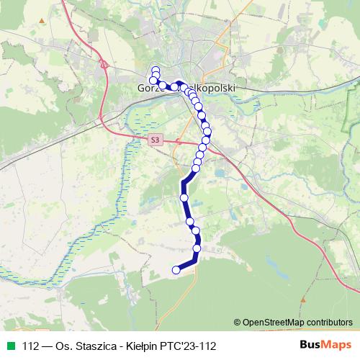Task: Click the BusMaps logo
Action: click(325, 345)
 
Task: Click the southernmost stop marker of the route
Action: click(176, 270)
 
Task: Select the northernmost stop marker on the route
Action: click(156, 70)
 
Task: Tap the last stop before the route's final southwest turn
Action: click(197, 248)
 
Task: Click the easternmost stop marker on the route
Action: click(208, 131)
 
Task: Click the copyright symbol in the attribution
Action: click(238, 322)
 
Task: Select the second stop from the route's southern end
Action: click(197, 248)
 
